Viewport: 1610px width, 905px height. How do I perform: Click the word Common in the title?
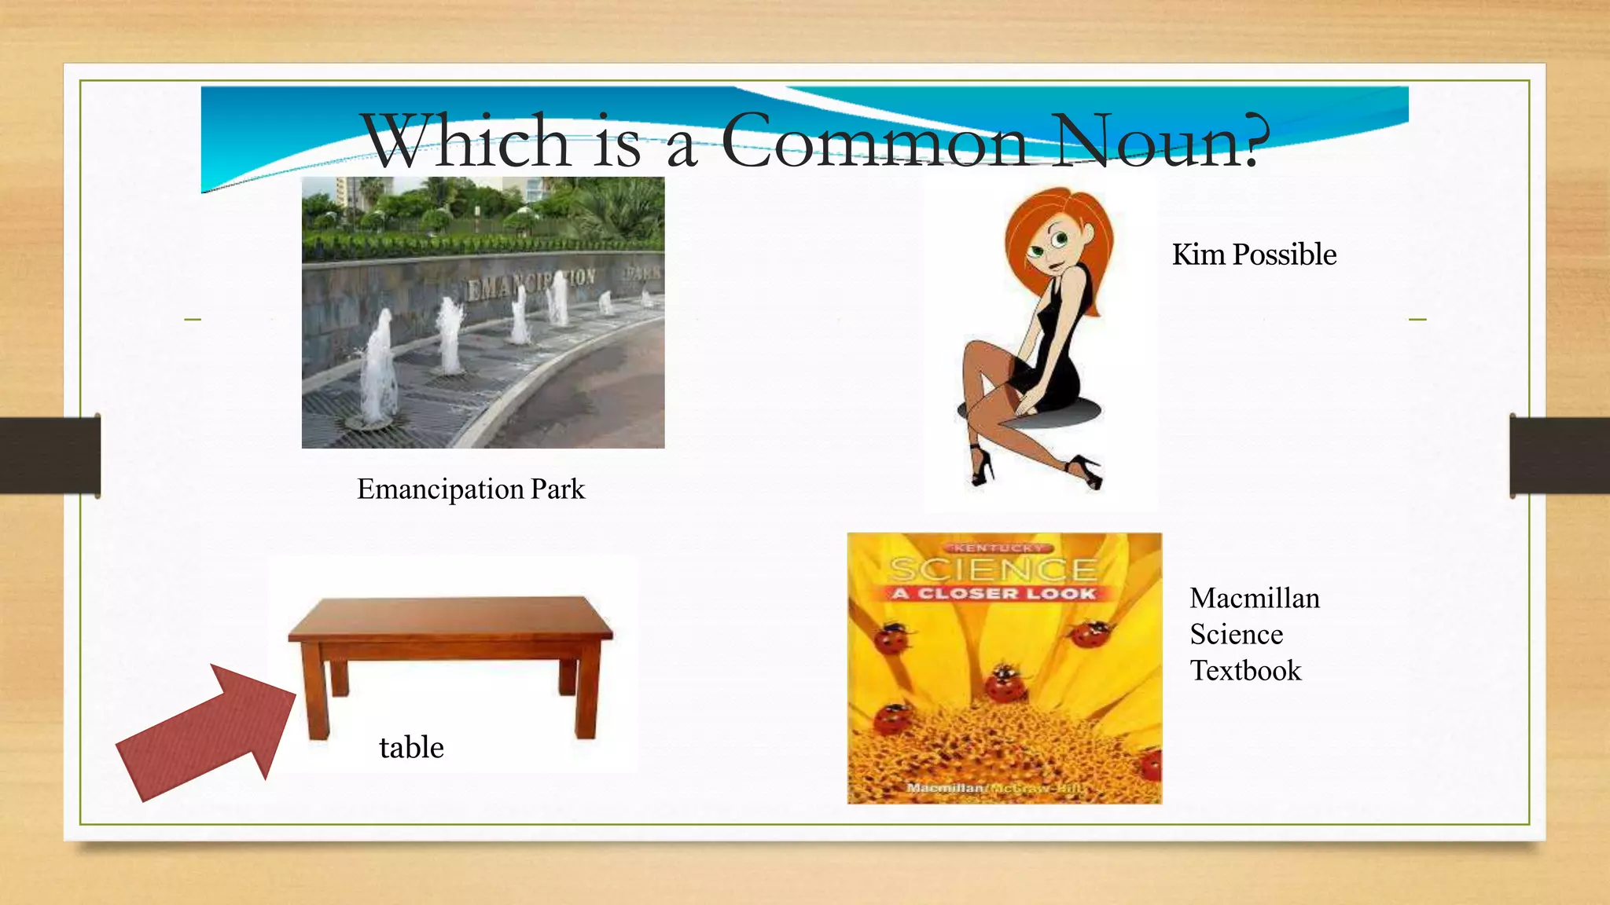[x=874, y=141]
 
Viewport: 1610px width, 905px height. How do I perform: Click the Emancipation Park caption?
[x=471, y=489]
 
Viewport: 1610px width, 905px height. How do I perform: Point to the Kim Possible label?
[x=1254, y=255]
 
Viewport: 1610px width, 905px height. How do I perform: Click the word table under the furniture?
[x=411, y=747]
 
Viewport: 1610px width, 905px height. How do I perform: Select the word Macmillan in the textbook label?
[x=1255, y=599]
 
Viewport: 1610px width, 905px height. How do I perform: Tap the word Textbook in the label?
[x=1245, y=671]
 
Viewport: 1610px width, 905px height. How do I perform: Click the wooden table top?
[x=450, y=617]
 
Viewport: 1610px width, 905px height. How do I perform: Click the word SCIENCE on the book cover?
[x=993, y=569]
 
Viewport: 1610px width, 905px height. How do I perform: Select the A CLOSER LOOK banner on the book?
[x=994, y=593]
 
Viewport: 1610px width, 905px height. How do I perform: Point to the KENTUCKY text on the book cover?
[x=994, y=548]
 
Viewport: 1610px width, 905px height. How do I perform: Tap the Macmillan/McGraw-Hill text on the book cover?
[x=994, y=788]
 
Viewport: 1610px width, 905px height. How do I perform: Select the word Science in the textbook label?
[x=1236, y=635]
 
